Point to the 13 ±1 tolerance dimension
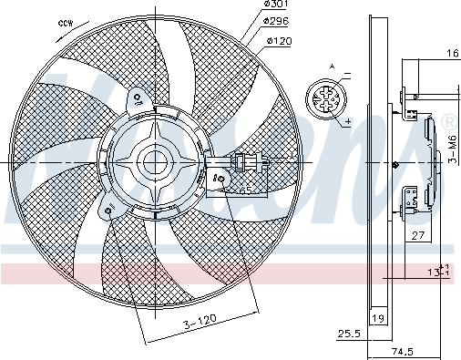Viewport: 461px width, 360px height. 441,272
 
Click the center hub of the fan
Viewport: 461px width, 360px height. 152,163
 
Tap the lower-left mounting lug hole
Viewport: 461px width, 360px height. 109,212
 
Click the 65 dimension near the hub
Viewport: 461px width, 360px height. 245,190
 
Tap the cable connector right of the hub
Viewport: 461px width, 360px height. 243,164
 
